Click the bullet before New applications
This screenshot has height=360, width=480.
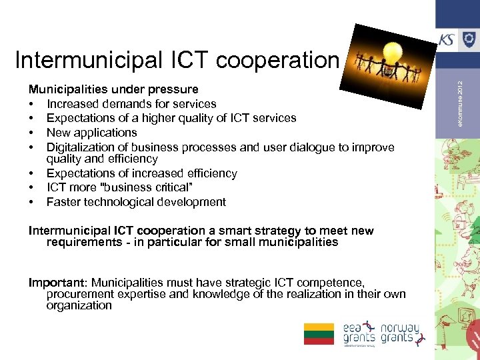coord(32,133)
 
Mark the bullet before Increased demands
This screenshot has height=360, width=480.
coord(32,104)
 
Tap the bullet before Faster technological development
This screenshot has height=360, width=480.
coord(32,202)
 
